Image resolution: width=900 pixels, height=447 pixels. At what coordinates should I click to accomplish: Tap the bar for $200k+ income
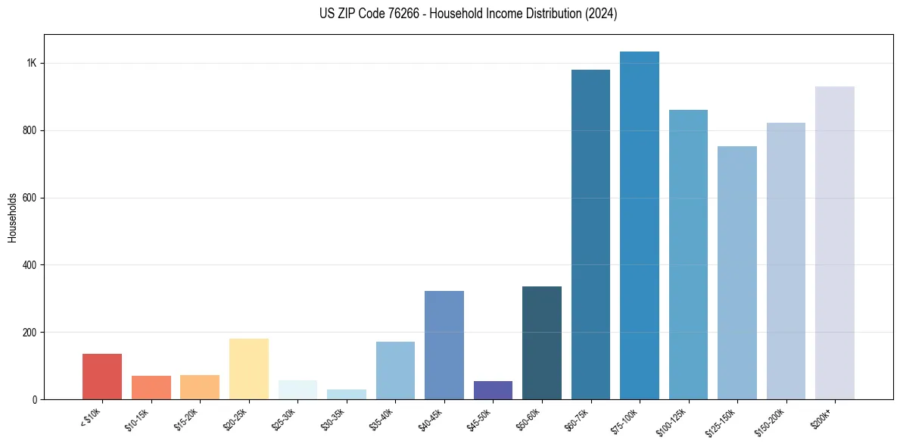834,242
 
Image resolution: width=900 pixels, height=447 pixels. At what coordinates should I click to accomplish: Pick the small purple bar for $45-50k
493,390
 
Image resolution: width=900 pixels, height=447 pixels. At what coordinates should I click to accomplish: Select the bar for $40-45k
444,345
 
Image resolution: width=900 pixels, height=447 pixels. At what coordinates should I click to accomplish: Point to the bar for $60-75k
590,234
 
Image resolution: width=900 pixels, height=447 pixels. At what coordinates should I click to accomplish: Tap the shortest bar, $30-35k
346,395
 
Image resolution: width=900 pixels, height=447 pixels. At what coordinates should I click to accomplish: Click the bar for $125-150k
737,273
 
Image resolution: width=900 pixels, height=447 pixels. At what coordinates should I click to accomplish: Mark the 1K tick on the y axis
32,63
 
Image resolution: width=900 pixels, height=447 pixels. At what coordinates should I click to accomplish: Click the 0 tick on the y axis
34,399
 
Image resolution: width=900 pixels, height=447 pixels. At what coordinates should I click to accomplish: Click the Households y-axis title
13,217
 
